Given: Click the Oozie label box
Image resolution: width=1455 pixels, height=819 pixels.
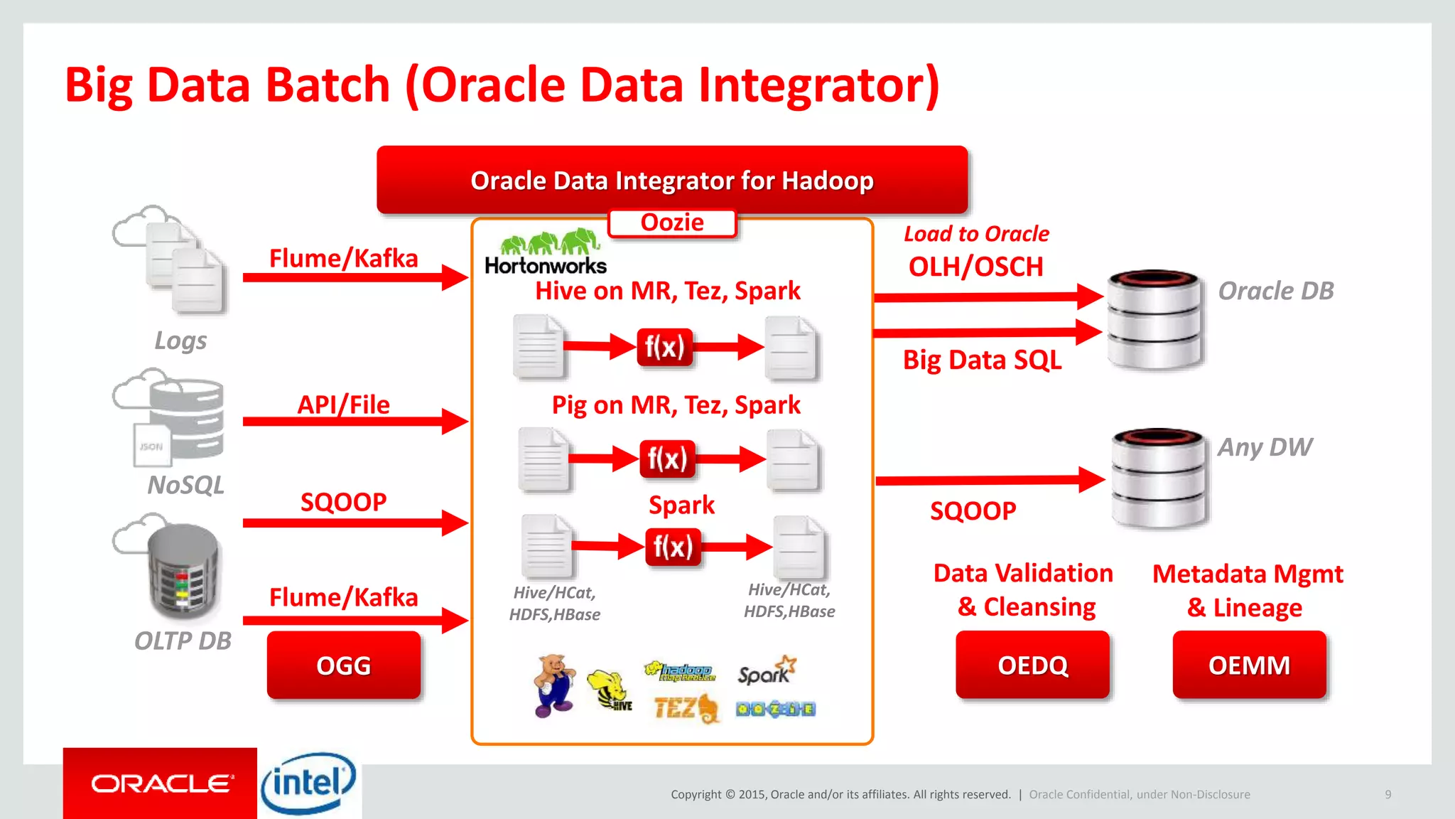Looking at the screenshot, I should coord(672,223).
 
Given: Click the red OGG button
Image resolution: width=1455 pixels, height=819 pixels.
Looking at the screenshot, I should coord(344,665).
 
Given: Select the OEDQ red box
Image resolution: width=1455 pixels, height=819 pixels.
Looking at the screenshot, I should coord(1032,665).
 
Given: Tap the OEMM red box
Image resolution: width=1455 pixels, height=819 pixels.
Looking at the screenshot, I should coord(1249,665).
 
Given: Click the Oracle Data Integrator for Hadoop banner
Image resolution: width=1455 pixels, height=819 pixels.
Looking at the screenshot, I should coord(672,181).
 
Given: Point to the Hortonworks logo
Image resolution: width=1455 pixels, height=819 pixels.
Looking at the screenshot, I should coord(546,253).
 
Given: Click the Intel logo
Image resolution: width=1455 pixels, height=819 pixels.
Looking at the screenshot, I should coord(308,783).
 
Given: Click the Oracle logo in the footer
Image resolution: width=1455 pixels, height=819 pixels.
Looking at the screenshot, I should coord(161,783).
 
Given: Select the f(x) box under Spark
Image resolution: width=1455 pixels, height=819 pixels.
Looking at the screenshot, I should coord(673,547).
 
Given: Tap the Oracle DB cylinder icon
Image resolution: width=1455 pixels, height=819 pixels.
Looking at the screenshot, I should coord(1154,319).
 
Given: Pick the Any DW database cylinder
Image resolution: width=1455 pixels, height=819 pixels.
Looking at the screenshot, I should coord(1159,478).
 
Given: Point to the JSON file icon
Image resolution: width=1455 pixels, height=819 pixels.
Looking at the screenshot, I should coord(151,446).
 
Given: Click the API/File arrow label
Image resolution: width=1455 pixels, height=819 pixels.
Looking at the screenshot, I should coord(344,405).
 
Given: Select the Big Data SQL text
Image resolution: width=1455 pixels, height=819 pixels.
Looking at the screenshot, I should coord(982,360).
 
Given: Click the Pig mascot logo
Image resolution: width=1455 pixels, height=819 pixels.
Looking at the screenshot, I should coord(553,685).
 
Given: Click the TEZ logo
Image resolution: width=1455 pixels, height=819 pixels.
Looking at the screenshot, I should coord(686,708).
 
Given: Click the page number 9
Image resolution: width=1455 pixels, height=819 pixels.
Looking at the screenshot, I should coord(1388,794).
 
